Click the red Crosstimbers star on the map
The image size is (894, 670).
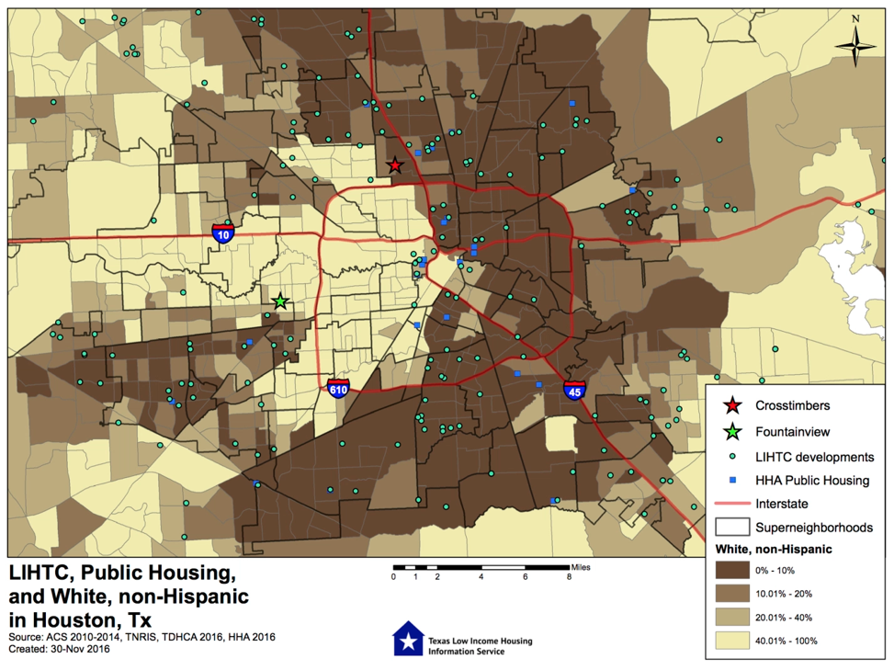pyautogui.click(x=395, y=165)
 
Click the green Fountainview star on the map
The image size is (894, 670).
pyautogui.click(x=281, y=301)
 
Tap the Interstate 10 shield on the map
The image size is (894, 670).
pyautogui.click(x=222, y=233)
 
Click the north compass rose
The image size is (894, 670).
pyautogui.click(x=854, y=44)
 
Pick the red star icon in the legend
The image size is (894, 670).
pyautogui.click(x=732, y=405)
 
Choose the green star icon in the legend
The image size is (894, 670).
pyautogui.click(x=732, y=431)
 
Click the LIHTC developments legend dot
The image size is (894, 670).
pyautogui.click(x=732, y=456)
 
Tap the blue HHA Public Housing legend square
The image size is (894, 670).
pyautogui.click(x=732, y=480)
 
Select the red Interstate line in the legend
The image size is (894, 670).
pyautogui.click(x=732, y=504)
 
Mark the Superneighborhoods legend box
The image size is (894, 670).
pyautogui.click(x=732, y=528)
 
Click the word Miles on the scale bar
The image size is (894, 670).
pyautogui.click(x=582, y=567)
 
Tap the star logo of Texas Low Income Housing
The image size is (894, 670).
pyautogui.click(x=405, y=640)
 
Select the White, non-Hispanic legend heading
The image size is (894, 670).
pyautogui.click(x=774, y=549)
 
